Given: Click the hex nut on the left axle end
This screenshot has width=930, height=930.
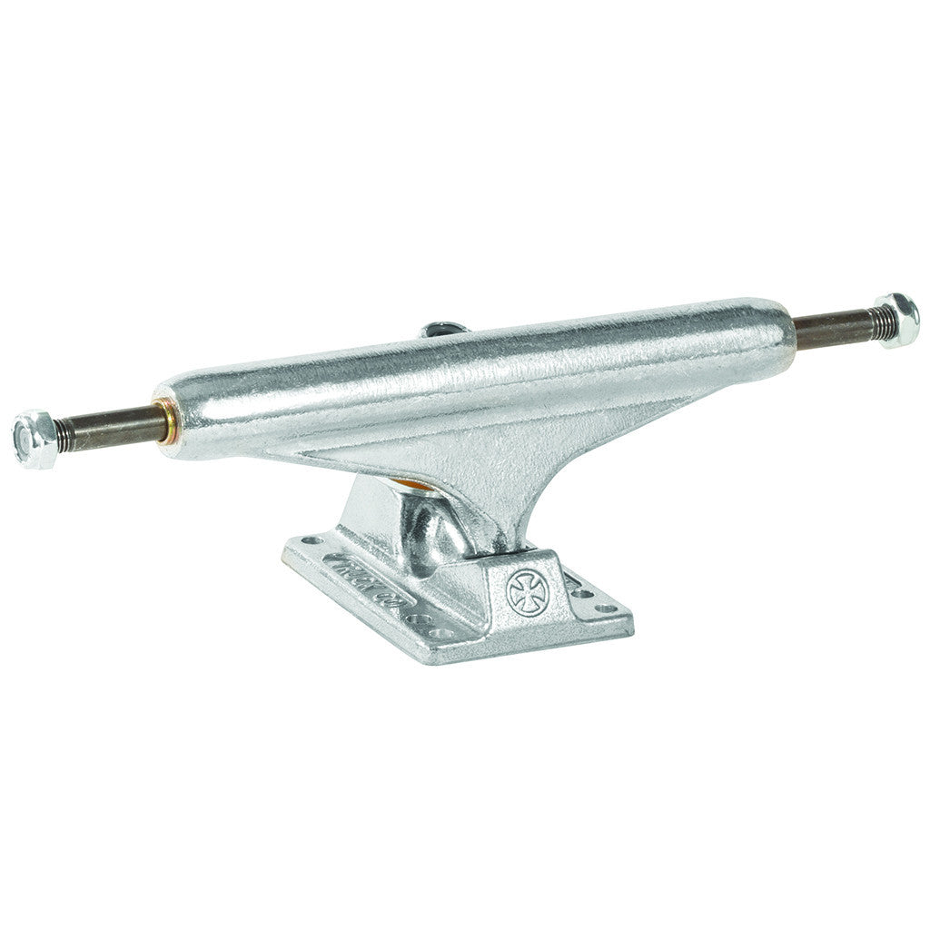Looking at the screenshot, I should click(35, 440).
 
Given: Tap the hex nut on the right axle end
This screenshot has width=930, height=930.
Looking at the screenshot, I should click(896, 321).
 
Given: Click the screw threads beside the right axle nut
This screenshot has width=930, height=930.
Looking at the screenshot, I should click(875, 323).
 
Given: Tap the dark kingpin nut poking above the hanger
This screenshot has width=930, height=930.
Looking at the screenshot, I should click(445, 329).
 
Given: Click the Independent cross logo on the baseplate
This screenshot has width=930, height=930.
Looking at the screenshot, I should click(524, 592).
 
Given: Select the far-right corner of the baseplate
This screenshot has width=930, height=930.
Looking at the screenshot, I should click(629, 620).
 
